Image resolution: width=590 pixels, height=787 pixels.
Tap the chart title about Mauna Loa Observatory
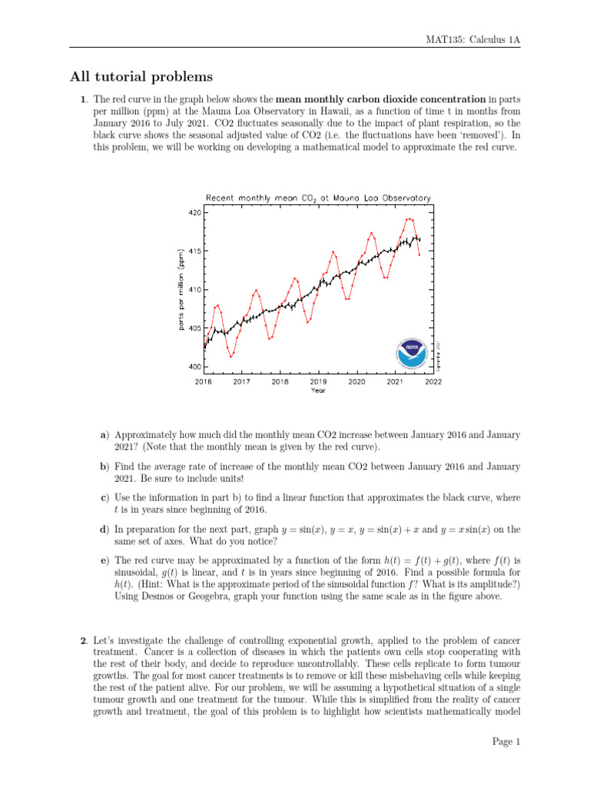318,198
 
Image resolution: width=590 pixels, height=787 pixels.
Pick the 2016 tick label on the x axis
204,380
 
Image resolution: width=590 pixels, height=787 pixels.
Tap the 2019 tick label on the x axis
318,380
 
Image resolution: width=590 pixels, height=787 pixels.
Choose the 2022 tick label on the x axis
433,380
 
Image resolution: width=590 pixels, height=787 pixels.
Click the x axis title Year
318,390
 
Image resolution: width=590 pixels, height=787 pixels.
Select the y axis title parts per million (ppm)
181,290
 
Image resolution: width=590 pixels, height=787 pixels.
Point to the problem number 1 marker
83,99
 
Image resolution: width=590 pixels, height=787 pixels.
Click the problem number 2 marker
83,619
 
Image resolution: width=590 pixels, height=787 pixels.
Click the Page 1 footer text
506,742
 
